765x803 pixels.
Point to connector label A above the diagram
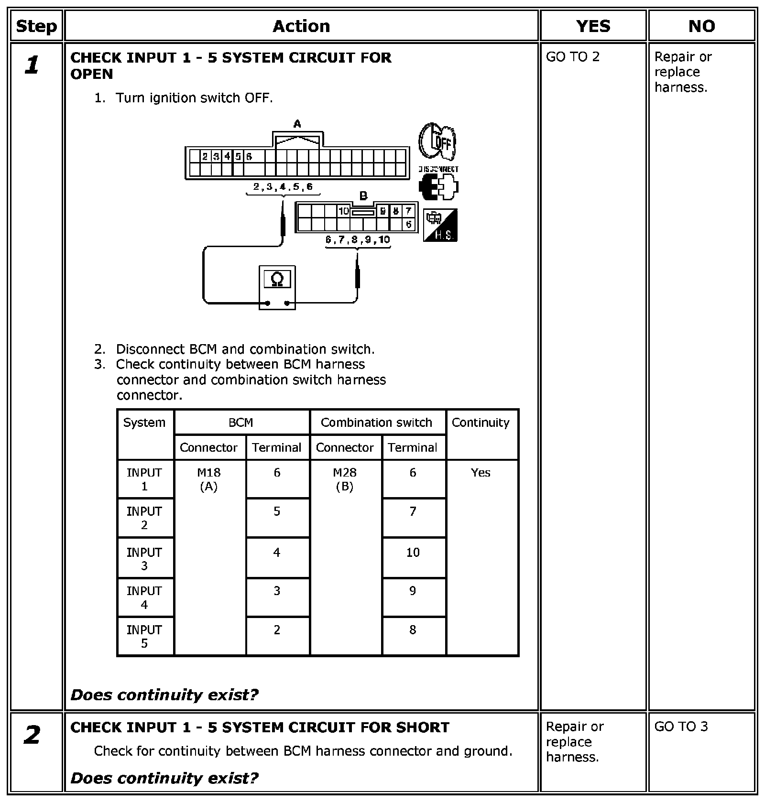297,124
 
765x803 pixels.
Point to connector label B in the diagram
363,195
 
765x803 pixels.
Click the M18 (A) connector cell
209,479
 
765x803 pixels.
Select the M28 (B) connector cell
345,479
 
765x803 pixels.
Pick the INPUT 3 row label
144,559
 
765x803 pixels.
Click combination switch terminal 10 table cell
413,553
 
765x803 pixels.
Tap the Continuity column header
481,423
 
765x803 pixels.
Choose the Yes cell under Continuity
481,473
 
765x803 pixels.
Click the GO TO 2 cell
572,57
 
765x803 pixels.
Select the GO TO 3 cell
681,727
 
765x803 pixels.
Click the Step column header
36,26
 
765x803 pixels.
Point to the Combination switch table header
376,423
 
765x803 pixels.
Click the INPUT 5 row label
144,636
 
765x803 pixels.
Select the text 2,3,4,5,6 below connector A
283,187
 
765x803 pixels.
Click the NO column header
701,26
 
